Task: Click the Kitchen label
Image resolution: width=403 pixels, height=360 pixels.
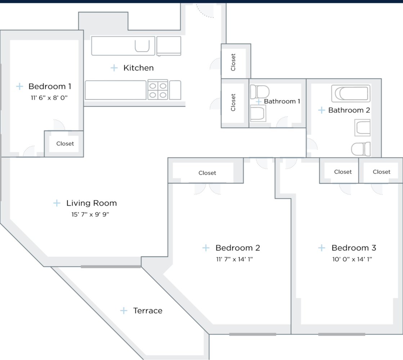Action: tap(138, 68)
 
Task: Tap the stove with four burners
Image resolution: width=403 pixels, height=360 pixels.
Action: tap(158, 90)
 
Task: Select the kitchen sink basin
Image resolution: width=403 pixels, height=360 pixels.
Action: tap(142, 46)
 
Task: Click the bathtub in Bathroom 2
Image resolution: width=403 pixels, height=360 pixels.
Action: tap(351, 94)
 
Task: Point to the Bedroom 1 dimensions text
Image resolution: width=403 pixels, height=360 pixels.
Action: tap(49, 98)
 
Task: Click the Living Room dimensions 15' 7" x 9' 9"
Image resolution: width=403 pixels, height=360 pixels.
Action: tap(90, 215)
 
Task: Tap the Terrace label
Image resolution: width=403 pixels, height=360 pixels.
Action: tap(148, 311)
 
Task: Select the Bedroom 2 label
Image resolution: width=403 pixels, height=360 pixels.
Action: tap(238, 248)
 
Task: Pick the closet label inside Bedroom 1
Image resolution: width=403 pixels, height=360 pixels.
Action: tap(65, 144)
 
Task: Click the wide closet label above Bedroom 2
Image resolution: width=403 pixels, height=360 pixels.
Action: tap(207, 173)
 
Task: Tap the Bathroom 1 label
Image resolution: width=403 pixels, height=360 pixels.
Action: tap(282, 102)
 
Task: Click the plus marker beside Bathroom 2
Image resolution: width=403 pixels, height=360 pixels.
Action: tap(322, 110)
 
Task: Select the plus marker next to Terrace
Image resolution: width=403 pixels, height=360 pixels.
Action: tap(124, 311)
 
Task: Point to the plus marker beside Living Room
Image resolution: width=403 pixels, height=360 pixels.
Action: tap(57, 203)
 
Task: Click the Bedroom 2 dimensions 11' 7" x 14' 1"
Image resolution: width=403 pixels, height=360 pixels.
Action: tap(234, 259)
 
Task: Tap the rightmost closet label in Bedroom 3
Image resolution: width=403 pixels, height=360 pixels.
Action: tap(381, 172)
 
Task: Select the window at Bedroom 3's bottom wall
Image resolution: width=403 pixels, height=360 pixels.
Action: tap(341, 334)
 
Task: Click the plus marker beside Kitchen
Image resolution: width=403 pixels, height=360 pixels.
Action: tap(114, 68)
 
